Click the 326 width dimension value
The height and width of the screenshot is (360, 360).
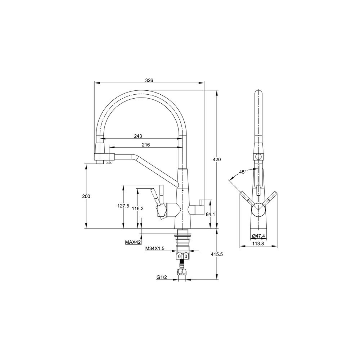tap(149, 80)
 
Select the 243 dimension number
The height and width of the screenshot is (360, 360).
tap(138, 136)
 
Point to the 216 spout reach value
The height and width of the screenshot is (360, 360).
tap(146, 145)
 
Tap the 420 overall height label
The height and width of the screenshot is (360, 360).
tap(217, 159)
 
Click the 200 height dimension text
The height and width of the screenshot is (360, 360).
tap(86, 196)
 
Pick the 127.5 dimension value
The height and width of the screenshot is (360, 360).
tap(123, 206)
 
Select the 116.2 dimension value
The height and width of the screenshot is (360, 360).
tap(138, 208)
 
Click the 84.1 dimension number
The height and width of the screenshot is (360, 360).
tap(210, 214)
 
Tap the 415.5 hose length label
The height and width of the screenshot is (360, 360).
tap(217, 255)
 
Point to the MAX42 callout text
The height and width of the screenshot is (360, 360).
tap(133, 242)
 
